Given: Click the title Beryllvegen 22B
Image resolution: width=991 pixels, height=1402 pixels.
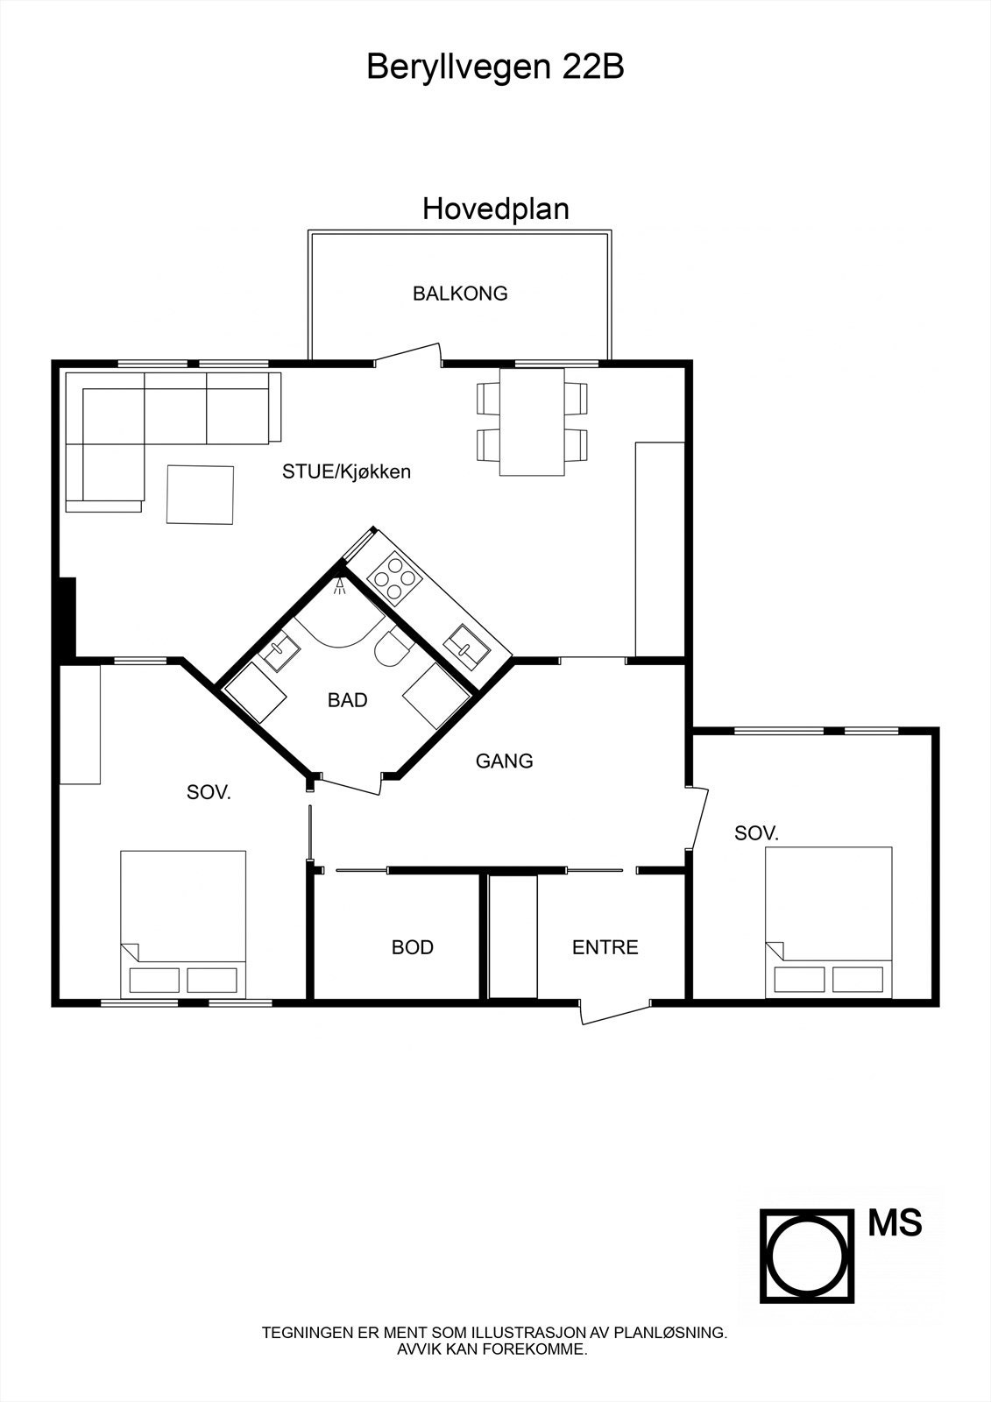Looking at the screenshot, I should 495,67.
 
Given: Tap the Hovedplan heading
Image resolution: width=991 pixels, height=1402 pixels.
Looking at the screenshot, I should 495,209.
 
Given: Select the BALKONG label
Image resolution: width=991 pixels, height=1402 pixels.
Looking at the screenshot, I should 460,294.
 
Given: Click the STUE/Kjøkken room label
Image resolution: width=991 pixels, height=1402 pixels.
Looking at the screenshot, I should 346,471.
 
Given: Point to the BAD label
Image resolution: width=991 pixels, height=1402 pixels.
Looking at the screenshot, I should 347,700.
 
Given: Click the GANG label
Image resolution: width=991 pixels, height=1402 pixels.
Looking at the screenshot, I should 504,761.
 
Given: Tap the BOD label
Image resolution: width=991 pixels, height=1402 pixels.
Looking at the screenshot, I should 412,947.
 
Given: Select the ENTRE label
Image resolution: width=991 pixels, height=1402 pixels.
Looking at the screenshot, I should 605,947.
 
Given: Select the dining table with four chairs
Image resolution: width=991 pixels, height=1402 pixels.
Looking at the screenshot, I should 532,421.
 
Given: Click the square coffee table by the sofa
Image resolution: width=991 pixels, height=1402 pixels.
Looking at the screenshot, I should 201,495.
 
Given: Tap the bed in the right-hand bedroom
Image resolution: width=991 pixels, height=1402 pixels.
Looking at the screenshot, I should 828,921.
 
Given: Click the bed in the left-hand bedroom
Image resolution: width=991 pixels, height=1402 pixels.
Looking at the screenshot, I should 183,923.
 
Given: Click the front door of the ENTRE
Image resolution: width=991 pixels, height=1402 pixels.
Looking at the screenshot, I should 615,1013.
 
